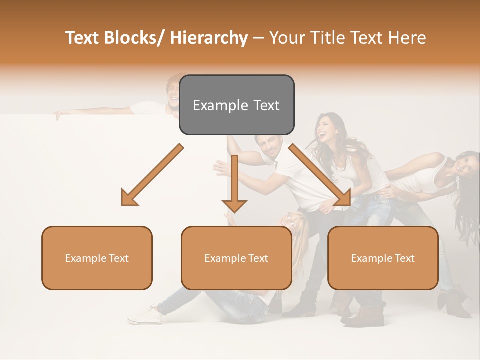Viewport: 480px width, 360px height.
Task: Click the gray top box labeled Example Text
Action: pos(236,105)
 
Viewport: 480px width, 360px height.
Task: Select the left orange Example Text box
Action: pos(97,258)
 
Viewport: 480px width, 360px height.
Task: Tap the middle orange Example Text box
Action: pos(236,258)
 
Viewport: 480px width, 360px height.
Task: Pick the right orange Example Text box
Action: pos(383,258)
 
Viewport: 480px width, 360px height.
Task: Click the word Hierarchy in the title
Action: pos(209,38)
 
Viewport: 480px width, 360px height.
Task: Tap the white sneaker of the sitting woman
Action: pos(145,315)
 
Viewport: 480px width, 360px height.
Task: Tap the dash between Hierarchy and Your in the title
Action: pos(258,38)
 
